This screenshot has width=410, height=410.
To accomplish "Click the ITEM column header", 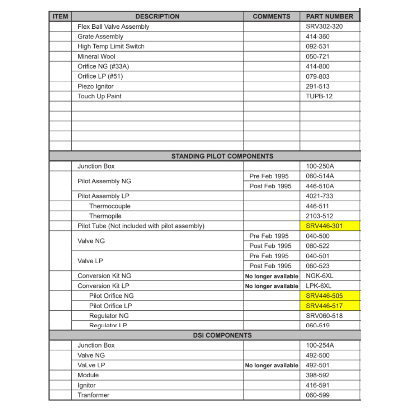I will (60, 16).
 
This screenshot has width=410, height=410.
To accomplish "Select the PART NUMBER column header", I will (329, 16).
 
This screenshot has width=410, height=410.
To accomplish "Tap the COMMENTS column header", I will (271, 16).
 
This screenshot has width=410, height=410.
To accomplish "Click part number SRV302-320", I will (324, 27).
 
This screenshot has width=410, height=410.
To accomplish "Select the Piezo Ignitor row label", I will (96, 87).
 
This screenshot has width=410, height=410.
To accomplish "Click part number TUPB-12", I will (319, 96).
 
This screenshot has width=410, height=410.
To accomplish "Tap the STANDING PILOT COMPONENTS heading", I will (222, 156).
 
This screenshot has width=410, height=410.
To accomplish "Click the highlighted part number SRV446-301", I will (324, 226).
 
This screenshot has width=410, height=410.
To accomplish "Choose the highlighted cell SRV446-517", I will (324, 306).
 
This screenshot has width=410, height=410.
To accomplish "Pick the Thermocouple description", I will (109, 206).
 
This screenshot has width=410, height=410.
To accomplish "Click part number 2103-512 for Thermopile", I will (319, 216).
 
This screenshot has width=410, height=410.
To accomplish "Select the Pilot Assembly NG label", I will (104, 181).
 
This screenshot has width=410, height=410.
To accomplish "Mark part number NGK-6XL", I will (319, 276).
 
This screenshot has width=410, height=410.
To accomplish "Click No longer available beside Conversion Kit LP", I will (271, 286).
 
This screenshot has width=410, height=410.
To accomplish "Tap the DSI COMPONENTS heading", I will (222, 335).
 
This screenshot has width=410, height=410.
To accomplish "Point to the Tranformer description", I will (93, 395).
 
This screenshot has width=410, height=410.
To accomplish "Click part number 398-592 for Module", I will (317, 375).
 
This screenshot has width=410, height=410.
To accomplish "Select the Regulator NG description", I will (109, 316).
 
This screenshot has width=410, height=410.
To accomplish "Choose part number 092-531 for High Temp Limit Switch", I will (317, 46).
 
